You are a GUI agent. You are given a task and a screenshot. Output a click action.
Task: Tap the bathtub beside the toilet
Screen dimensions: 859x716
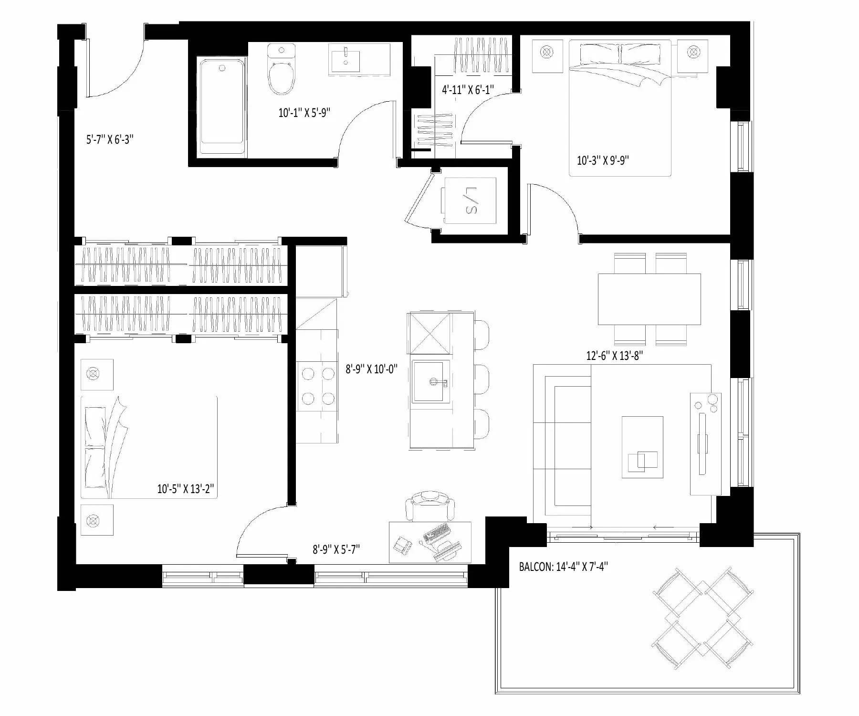[x=223, y=107]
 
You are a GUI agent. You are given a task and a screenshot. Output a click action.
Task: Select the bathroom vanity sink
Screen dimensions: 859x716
[x=346, y=59]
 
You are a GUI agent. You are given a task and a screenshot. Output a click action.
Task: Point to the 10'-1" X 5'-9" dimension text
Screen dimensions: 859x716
[x=304, y=113]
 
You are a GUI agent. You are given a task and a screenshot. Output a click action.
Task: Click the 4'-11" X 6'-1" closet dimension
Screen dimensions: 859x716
[x=468, y=89]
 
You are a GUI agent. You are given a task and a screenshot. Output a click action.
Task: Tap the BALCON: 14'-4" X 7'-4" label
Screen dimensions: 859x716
[x=563, y=567]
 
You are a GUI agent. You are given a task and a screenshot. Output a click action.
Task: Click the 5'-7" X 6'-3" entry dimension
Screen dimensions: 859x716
[x=109, y=140]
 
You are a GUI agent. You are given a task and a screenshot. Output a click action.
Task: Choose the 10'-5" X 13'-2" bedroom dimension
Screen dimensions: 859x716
[x=186, y=489]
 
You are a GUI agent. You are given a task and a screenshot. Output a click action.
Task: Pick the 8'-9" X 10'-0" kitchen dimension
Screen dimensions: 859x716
[x=371, y=369]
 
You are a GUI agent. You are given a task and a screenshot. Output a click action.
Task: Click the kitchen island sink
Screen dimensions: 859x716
[x=431, y=382]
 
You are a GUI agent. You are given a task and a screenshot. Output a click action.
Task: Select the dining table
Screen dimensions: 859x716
[x=649, y=299]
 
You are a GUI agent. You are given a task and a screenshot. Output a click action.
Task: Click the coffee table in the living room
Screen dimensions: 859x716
[x=642, y=447]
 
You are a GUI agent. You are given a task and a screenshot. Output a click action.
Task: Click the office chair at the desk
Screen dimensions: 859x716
[x=429, y=506]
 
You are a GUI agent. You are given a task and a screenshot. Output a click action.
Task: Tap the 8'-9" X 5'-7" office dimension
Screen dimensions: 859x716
[x=336, y=549]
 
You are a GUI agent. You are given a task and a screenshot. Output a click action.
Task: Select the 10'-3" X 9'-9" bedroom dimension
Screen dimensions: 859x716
[x=603, y=160]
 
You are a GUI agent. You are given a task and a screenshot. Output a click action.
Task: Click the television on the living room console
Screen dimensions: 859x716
[x=703, y=443]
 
